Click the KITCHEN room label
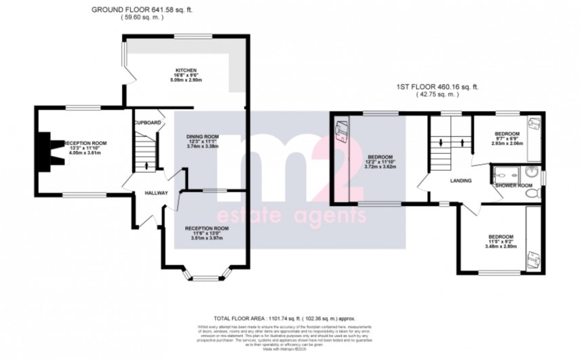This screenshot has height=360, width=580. click(187, 70)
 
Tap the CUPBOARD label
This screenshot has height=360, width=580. click(147, 123)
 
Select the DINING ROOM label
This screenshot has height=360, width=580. click(203, 136)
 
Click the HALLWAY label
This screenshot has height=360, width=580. click(156, 193)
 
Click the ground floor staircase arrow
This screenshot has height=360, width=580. click(147, 164)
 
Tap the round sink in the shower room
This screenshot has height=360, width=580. click(533, 172)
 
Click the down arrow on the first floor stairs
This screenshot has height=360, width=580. click(441, 143)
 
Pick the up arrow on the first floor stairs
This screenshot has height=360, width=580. click(463, 143)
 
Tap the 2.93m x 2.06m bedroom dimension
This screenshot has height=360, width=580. click(507, 144)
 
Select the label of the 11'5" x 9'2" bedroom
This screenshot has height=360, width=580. click(503, 237)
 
